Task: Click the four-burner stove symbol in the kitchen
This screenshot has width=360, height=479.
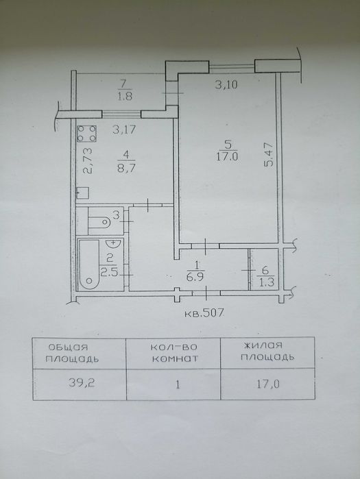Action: point(87,134)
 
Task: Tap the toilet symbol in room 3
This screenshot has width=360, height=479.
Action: point(99,221)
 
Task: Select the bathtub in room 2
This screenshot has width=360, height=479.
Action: point(89,265)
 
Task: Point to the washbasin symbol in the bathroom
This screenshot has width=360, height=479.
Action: point(114,244)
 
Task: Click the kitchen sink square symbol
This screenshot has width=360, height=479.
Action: point(82,193)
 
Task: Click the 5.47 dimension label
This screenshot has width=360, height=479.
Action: point(269,154)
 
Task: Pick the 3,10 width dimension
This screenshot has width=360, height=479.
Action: point(226,84)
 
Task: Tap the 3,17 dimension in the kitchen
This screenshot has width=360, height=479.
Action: point(123,130)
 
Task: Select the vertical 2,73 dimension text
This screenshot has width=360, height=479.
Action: point(88,160)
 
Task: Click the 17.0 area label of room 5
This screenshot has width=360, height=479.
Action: point(227,158)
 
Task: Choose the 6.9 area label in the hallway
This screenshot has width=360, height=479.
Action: point(195,278)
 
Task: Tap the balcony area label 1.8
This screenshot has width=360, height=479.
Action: point(124,97)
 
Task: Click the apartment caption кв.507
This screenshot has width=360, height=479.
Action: point(204,313)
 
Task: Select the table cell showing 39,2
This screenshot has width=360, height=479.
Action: point(82,383)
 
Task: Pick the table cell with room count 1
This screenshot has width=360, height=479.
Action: point(178,384)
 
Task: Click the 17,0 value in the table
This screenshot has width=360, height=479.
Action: point(268,384)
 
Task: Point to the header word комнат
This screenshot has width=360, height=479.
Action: point(175,358)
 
